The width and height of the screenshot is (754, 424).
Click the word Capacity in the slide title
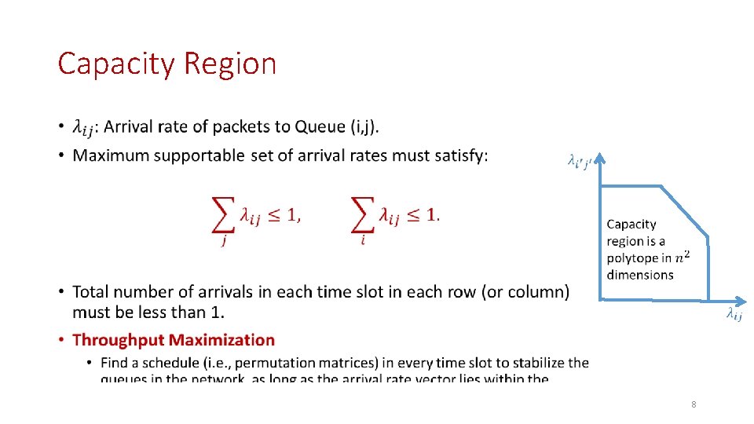point(115,64)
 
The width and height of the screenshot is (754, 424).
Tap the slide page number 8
point(694,404)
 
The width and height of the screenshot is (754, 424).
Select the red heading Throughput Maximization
point(174,340)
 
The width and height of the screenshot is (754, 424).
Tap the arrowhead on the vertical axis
point(601,160)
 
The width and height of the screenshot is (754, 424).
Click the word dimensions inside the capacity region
point(640,275)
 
